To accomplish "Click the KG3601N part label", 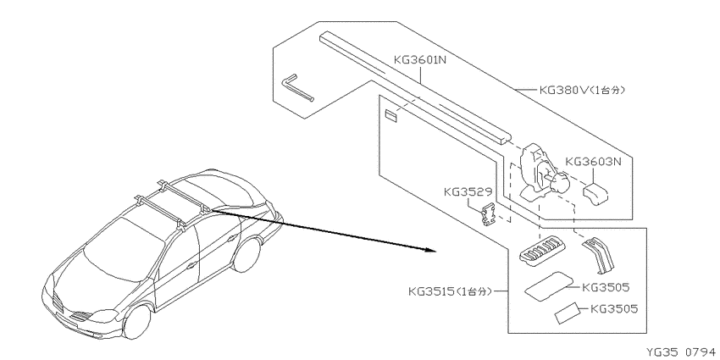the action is click(419, 59).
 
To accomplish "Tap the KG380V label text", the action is click(582, 90).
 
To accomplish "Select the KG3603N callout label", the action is click(593, 162).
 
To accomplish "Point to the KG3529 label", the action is click(468, 191).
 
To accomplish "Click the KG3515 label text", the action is click(450, 291).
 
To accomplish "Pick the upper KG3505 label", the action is click(606, 287).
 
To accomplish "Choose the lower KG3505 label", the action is click(614, 308).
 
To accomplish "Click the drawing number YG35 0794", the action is click(681, 352).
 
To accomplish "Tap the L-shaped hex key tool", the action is click(297, 87).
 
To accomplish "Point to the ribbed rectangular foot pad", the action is click(541, 252).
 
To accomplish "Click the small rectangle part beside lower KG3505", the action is click(567, 314).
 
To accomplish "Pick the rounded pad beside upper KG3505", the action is click(549, 286).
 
